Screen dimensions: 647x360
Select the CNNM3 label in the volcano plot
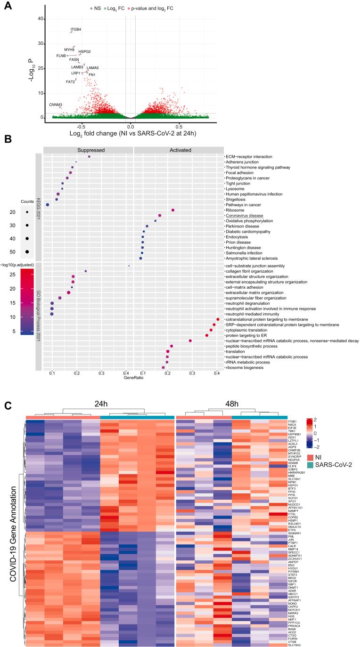coord(55,105)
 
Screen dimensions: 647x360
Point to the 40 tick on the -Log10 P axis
coord(41,19)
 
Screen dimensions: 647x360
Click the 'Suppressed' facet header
coord(88,150)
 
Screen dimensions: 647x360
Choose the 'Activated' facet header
coord(179,150)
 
